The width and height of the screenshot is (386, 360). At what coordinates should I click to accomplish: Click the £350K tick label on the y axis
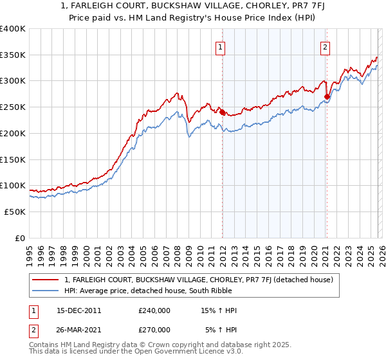coord(13,55)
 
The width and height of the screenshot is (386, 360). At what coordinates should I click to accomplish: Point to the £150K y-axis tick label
coord(13,159)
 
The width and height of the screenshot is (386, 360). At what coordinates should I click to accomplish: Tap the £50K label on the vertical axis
coord(15,212)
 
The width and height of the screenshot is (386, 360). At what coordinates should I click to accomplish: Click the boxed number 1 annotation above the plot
coord(221,46)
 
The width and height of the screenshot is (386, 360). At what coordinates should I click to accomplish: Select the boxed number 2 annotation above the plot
coord(326,46)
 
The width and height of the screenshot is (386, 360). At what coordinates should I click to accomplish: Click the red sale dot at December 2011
coord(222,113)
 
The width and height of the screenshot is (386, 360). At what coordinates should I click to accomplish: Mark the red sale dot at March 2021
coord(327,97)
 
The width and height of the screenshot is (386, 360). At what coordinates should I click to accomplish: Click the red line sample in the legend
coord(46,280)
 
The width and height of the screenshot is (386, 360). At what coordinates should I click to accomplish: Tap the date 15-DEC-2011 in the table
coord(79,310)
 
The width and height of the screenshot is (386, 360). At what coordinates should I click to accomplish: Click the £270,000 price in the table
coord(154,329)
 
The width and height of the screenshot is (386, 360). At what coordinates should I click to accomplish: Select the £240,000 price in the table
coord(154,310)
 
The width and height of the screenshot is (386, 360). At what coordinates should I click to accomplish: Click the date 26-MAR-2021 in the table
coord(79,329)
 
